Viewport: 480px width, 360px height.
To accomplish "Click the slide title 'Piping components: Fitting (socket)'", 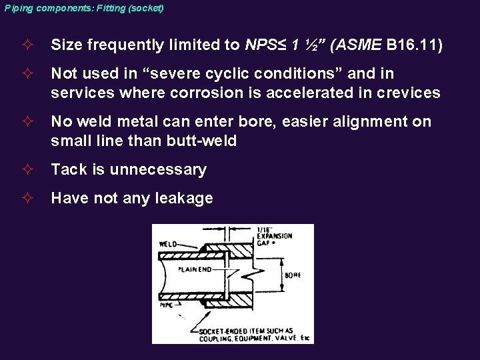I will (x=83, y=8).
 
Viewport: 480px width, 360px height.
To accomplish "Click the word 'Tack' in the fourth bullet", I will (x=68, y=169).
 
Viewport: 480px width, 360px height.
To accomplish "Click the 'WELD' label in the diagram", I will (x=167, y=244).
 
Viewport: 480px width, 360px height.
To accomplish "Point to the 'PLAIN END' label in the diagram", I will (x=194, y=269).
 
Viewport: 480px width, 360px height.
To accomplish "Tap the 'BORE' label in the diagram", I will (x=292, y=274).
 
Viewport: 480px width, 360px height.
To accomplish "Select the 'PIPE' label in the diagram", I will (x=165, y=305).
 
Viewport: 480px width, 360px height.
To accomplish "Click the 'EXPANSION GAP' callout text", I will (x=270, y=237).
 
